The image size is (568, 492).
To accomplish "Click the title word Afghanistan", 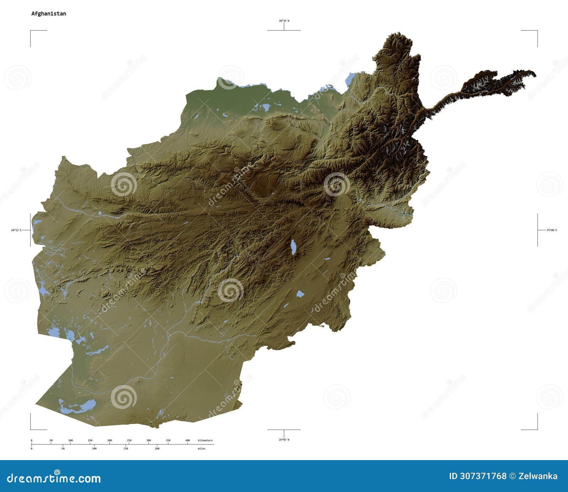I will tap(49, 13).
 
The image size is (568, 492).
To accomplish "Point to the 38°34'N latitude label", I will tap(284, 21).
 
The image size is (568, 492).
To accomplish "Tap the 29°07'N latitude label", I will tap(284, 440).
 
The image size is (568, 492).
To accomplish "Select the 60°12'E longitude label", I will tap(16, 230).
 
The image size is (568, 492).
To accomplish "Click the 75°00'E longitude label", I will tap(552, 230).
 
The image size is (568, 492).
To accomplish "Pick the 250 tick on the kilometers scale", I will tap(129, 441).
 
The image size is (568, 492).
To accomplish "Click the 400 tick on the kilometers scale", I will tap(188, 441).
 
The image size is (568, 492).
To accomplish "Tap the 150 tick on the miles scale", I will tap(126, 448).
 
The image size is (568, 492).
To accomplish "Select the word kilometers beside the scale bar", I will tap(205, 440).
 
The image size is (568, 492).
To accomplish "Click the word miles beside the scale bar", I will tap(201, 448).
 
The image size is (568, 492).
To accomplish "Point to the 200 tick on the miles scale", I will tap(157, 448).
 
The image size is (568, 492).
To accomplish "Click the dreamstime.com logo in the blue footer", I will tap(54, 478).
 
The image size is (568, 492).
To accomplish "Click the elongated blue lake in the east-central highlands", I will tap(293, 247).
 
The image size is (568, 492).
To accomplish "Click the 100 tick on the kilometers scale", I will tap(71, 441).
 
